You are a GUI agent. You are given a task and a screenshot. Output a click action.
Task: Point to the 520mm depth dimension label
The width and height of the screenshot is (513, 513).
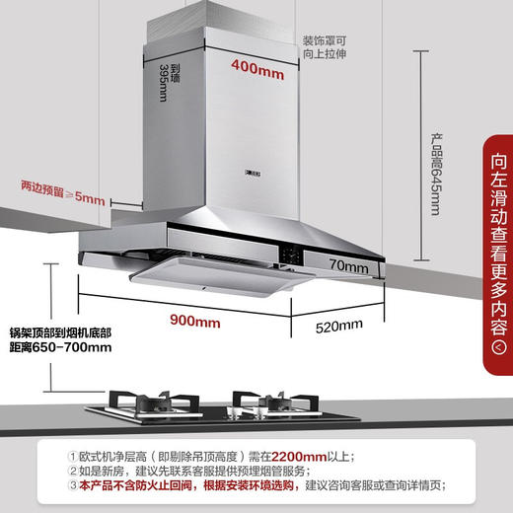pyautogui.click(x=338, y=326)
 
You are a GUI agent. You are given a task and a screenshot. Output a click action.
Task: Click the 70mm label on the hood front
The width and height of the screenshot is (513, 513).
pyautogui.click(x=347, y=266)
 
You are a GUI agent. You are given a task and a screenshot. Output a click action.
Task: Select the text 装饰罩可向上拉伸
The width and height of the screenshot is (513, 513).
pyautogui.click(x=328, y=47)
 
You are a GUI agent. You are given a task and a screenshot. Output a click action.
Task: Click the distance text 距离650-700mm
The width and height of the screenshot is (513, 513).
pyautogui.click(x=58, y=347)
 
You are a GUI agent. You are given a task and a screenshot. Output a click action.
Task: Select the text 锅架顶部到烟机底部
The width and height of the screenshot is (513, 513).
pyautogui.click(x=59, y=331)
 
